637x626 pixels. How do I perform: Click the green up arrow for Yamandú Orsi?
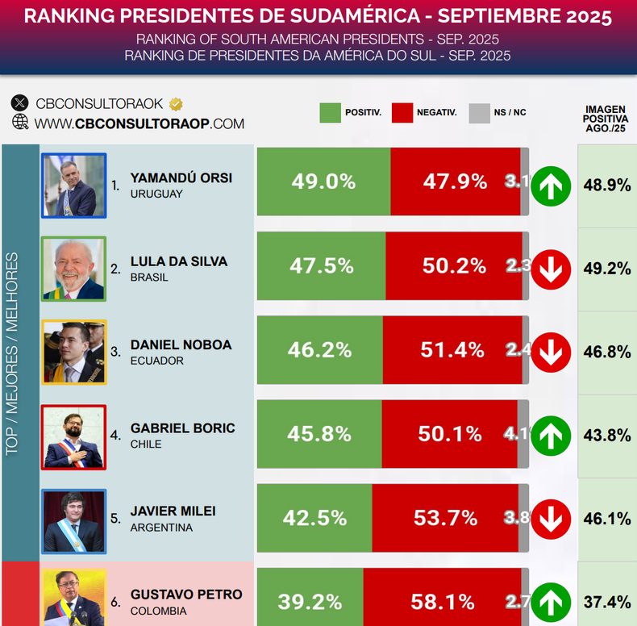(551, 186)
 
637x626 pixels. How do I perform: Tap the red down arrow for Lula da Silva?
(551, 269)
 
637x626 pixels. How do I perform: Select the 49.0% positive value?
(323, 182)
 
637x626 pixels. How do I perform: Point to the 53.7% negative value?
(446, 518)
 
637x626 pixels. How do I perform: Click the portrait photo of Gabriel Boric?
(73, 437)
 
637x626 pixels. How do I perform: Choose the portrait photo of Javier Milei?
(73, 521)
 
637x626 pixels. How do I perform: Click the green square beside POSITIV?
(331, 113)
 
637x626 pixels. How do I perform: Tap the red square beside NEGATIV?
(402, 113)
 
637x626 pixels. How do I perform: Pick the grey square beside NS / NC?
(480, 113)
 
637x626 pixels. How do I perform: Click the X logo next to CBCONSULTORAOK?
(19, 103)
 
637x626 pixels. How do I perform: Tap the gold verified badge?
(176, 104)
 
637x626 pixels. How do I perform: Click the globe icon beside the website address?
(20, 122)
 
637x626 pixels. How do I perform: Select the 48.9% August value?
(607, 186)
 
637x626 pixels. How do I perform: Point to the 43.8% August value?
(607, 436)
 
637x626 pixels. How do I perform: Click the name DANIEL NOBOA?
(181, 344)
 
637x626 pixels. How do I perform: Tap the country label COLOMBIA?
(158, 611)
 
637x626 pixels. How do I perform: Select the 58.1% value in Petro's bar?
(443, 602)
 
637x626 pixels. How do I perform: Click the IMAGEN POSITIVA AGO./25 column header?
(606, 119)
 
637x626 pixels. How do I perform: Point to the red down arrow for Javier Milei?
(551, 519)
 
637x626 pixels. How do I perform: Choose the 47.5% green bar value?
(322, 266)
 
